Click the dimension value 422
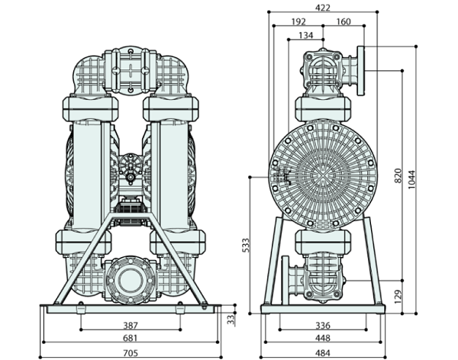coord(323,8)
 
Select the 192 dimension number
coord(299,21)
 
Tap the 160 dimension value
coord(343,21)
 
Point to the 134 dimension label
coord(305,35)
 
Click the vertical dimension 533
coord(246,244)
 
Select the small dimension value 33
coord(231,317)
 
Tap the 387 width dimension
coord(130,326)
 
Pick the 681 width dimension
coord(130,338)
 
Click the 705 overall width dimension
coord(130,352)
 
